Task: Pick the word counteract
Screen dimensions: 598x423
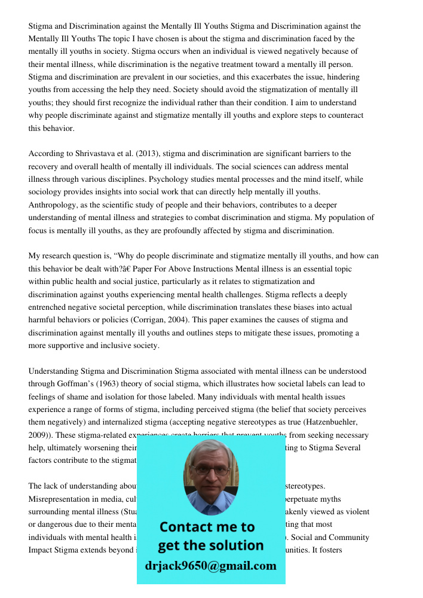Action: coord(342,115)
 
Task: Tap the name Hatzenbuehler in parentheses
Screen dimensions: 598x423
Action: coord(326,422)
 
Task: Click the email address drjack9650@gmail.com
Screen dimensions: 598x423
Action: coord(210,566)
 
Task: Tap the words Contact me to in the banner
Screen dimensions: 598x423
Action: coord(207,527)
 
